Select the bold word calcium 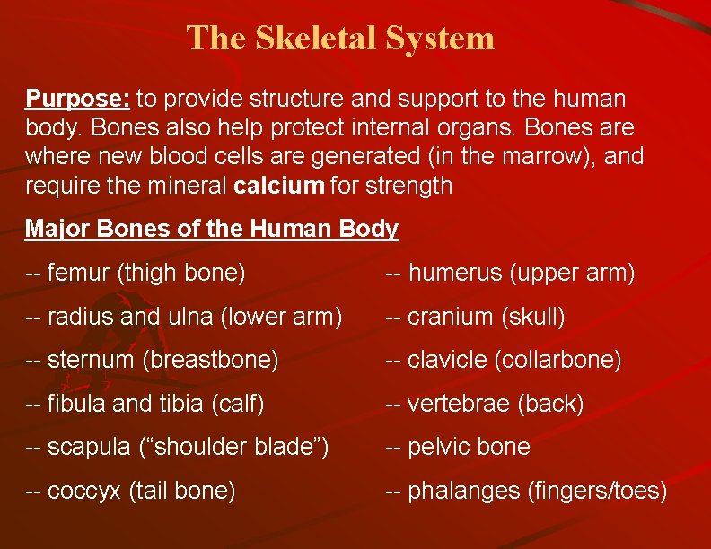(279, 186)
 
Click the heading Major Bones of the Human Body (211, 229)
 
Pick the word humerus (455, 273)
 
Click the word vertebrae (459, 404)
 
